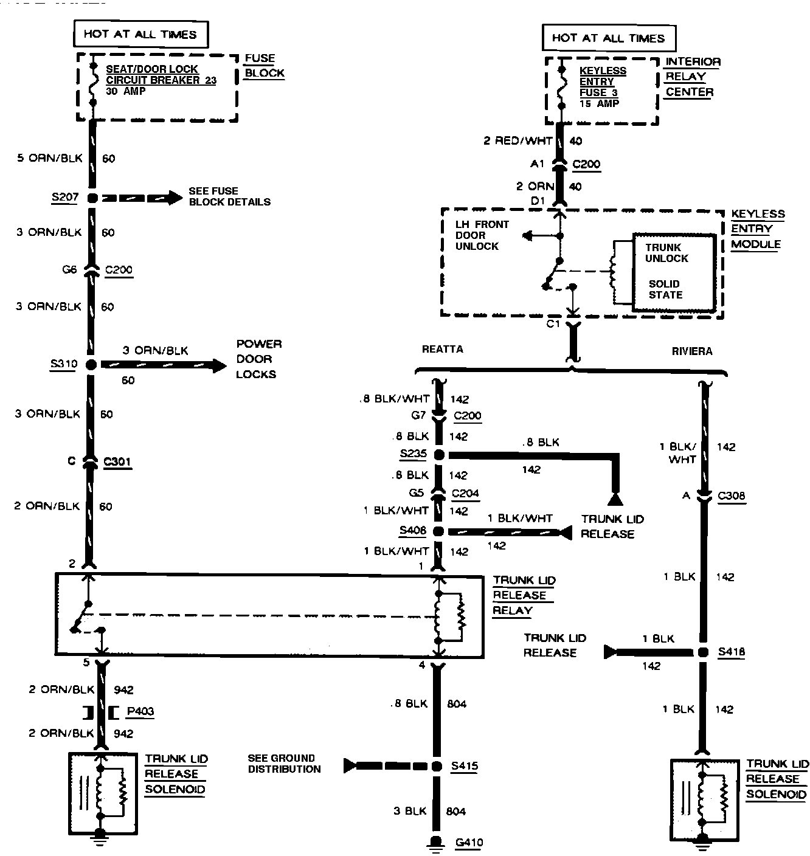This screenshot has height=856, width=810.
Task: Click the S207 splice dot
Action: (92, 198)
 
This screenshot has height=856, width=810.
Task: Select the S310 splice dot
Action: (91, 365)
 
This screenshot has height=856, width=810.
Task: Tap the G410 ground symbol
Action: (436, 841)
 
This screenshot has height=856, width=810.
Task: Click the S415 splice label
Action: (464, 766)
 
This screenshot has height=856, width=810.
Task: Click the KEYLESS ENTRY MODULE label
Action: (757, 229)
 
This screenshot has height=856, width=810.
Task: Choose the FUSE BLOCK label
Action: (264, 66)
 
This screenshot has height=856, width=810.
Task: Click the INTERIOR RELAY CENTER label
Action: (692, 77)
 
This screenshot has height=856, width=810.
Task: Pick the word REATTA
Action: (442, 349)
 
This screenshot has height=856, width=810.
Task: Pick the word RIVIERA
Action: (692, 351)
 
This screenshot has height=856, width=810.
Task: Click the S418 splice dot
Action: (703, 652)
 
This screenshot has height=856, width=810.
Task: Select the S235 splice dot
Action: (438, 455)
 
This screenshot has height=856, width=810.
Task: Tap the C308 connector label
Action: (730, 495)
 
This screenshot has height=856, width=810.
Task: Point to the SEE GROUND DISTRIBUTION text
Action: (284, 764)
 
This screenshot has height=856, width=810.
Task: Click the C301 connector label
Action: (117, 461)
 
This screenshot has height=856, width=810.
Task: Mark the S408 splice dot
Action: (438, 531)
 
